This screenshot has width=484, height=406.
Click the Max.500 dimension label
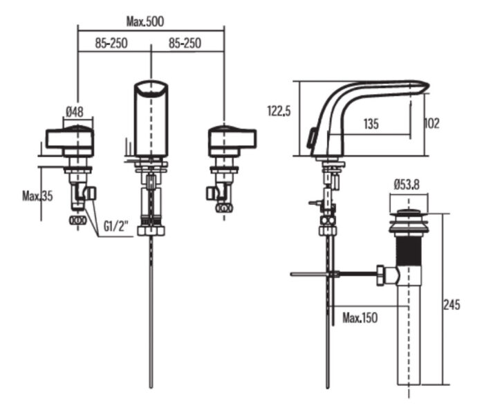click(x=145, y=21)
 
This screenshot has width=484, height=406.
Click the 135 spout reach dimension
click(x=371, y=124)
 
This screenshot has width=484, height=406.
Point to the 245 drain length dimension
click(x=453, y=304)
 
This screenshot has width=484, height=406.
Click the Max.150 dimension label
click(x=360, y=318)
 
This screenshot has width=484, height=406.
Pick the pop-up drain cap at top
click(x=409, y=214)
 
